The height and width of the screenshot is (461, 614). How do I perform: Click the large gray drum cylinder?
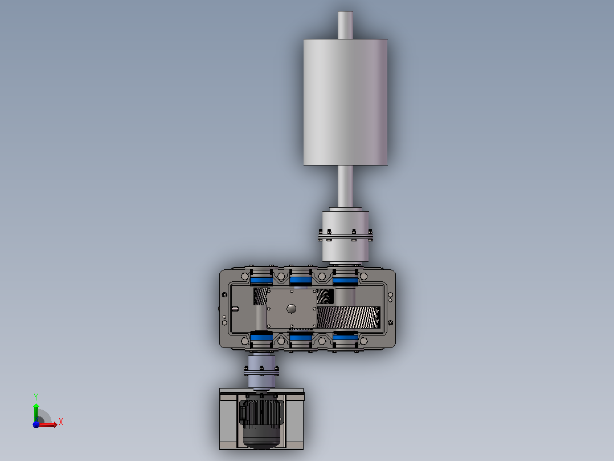tap(345, 102)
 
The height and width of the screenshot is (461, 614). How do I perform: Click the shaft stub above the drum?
tap(345, 25)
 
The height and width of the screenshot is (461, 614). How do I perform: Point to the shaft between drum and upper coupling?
tap(345, 187)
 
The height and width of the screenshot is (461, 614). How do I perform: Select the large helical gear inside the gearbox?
tap(348, 317)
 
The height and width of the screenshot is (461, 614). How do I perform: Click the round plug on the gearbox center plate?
tap(292, 309)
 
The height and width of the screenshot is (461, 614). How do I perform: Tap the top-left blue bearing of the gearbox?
tap(261, 280)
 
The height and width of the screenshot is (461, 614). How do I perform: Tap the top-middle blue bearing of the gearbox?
tap(301, 280)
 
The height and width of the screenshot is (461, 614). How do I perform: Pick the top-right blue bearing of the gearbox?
tap(345, 280)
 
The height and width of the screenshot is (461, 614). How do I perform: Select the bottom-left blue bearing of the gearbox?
tap(261, 337)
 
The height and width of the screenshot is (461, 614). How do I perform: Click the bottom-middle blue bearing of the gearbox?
tap(301, 337)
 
